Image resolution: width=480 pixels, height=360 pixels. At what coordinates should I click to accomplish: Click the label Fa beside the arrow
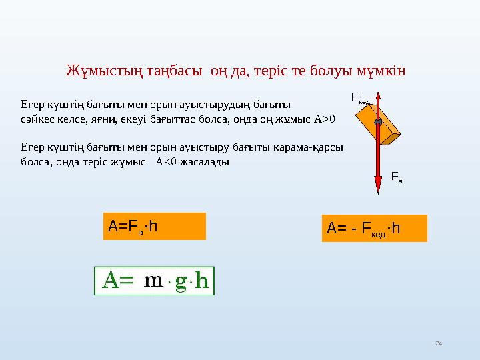[x=397, y=178]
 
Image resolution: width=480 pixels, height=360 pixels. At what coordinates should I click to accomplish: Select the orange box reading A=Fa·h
[x=155, y=226]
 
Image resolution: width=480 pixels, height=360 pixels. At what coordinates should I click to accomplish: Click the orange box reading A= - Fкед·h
[x=373, y=229]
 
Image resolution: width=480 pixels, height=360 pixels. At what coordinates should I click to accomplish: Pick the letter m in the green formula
[x=153, y=281]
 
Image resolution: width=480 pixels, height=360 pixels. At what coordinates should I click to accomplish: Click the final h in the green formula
[x=203, y=281]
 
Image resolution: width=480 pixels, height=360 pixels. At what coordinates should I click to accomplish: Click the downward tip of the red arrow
[x=378, y=193]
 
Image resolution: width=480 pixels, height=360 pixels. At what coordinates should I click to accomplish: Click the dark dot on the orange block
[x=378, y=123]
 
